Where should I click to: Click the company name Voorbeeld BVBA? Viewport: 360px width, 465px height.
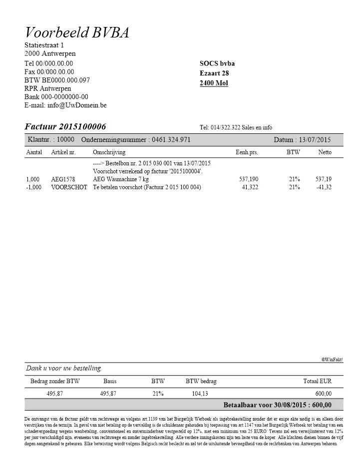(x=77, y=33)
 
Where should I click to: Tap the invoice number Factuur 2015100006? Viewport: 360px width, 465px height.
(x=65, y=126)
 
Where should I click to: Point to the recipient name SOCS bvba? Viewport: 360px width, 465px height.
(x=217, y=63)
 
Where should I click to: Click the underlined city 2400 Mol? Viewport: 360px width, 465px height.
(x=214, y=83)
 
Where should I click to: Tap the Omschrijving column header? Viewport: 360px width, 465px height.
(x=109, y=152)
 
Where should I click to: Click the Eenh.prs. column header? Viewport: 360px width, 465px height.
(x=247, y=152)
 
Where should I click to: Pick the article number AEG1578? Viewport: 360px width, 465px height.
(x=63, y=178)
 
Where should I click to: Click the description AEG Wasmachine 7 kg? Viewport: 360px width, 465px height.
(x=121, y=178)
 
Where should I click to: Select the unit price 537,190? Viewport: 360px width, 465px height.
(x=249, y=178)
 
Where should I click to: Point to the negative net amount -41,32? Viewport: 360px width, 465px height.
(x=324, y=187)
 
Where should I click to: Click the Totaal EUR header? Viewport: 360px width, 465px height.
(x=317, y=381)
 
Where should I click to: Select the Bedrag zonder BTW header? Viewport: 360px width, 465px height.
(x=55, y=381)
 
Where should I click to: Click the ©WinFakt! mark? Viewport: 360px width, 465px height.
(x=332, y=359)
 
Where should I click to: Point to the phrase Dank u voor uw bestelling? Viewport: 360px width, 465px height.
(x=64, y=369)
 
